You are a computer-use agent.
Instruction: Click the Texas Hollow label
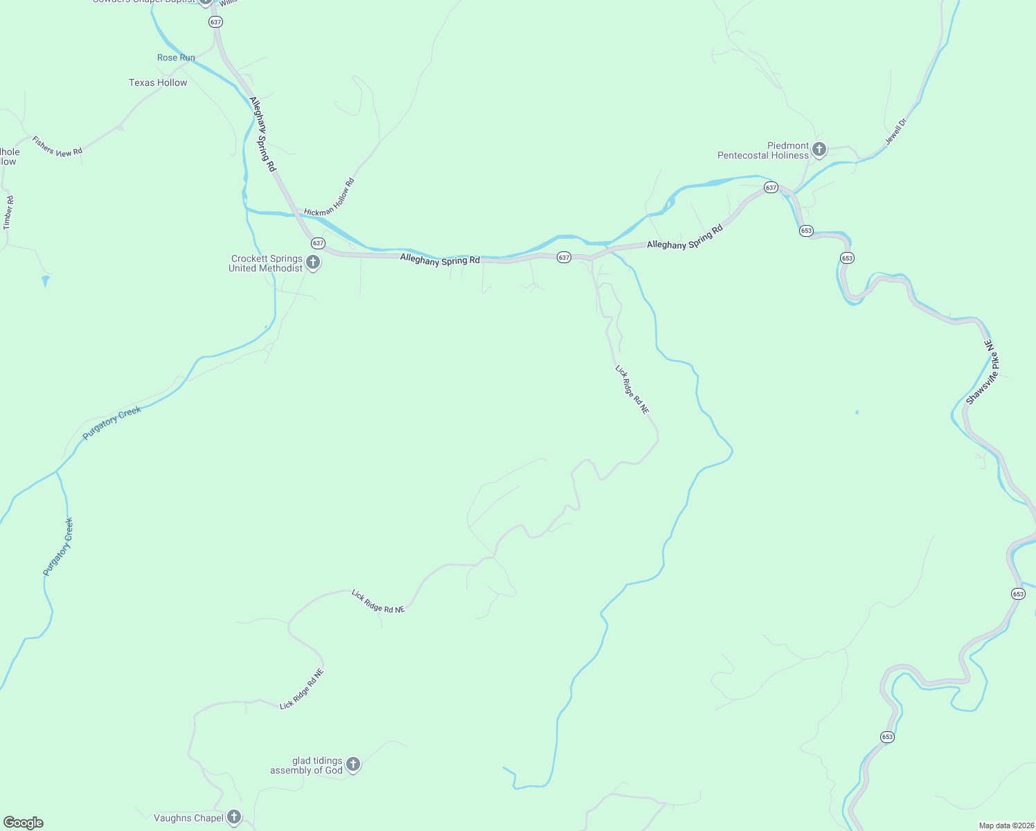click(158, 82)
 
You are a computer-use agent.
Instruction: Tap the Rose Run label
click(176, 57)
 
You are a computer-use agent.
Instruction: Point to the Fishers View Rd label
click(57, 147)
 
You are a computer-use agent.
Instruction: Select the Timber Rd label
click(8, 213)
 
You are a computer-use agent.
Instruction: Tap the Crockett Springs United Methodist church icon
click(313, 262)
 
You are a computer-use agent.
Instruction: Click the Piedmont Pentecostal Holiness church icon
click(819, 149)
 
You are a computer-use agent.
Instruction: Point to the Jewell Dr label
click(895, 132)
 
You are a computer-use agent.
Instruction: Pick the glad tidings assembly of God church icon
click(353, 765)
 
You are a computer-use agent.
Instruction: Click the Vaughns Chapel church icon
click(234, 817)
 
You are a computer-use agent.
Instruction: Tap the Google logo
click(24, 823)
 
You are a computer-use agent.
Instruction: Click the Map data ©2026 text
click(1006, 825)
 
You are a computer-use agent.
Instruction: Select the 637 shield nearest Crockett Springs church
click(318, 243)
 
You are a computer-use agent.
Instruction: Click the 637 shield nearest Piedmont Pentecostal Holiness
click(771, 188)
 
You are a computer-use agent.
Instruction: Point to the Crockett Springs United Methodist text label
click(266, 263)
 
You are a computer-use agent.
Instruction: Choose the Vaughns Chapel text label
click(188, 818)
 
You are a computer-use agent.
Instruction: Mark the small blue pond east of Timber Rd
click(46, 280)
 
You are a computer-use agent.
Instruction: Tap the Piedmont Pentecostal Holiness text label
click(763, 150)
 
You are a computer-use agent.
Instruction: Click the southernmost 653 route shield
click(888, 737)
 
